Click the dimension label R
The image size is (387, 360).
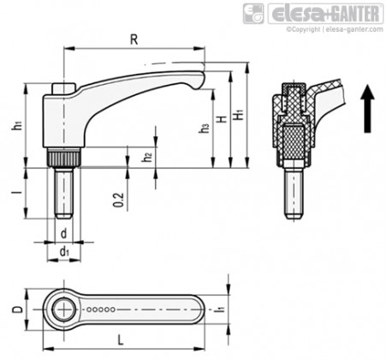point(134,39)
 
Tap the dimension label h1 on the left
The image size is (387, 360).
point(18,126)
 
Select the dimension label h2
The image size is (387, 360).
point(147,157)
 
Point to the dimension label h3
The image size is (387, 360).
point(205,129)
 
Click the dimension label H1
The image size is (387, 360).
point(238,114)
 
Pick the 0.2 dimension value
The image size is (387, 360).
point(119,200)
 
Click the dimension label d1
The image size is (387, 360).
point(64,252)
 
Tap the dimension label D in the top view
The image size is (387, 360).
point(18,309)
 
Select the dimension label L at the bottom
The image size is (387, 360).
point(121,340)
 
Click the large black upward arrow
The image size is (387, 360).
point(367,109)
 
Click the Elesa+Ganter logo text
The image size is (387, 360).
point(325,14)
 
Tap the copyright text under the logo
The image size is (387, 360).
point(335,29)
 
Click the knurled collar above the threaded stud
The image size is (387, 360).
point(63,158)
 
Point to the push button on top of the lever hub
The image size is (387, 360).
point(63,88)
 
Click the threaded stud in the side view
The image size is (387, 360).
point(63,194)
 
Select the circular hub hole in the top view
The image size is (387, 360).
point(63,309)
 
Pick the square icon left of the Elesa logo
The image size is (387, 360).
point(253,14)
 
